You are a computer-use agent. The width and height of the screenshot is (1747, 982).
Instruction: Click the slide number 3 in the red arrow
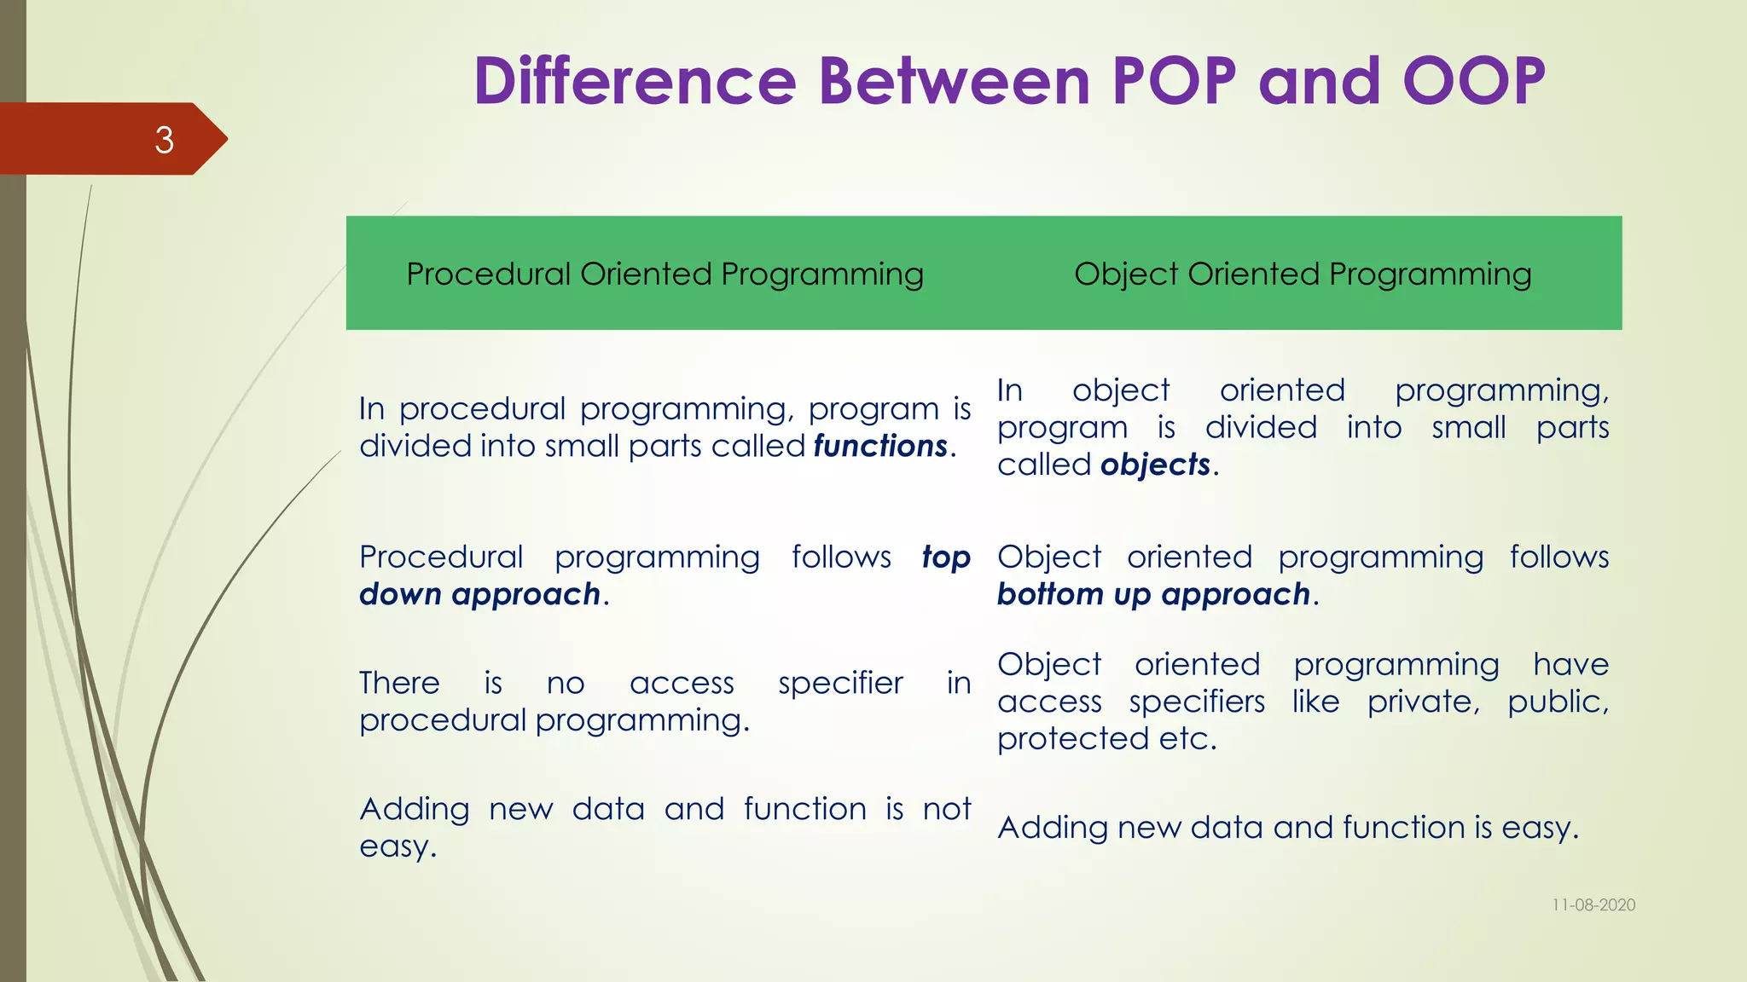click(164, 140)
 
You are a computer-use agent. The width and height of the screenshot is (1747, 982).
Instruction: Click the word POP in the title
click(1175, 81)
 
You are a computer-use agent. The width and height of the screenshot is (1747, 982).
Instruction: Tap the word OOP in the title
click(1474, 81)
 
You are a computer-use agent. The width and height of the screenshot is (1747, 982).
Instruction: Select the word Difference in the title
click(635, 81)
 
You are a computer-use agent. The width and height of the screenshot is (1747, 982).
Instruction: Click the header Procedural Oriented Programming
click(665, 274)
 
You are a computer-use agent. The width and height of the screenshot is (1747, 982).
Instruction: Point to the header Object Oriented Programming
click(1303, 274)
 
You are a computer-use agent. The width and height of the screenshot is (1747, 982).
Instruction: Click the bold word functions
click(880, 446)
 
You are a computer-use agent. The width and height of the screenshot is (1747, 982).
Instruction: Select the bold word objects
click(1155, 465)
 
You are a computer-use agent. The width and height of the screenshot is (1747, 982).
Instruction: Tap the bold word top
click(946, 557)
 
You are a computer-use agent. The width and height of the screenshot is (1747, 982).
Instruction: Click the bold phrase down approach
click(479, 594)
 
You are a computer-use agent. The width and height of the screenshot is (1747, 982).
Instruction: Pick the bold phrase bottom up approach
click(1153, 594)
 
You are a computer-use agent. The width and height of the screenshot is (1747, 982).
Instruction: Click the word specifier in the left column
click(840, 684)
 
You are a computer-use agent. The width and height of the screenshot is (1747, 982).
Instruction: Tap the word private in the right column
click(1422, 702)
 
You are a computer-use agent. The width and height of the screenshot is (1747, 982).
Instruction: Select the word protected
click(1072, 739)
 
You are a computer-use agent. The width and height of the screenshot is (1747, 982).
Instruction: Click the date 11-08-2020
click(1593, 905)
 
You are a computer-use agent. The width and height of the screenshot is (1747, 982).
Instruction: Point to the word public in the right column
click(1557, 702)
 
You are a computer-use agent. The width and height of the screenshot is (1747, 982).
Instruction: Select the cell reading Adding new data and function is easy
click(1288, 828)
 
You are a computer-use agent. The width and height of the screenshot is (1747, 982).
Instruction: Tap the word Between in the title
click(955, 81)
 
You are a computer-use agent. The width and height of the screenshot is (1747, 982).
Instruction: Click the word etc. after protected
click(1187, 739)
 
